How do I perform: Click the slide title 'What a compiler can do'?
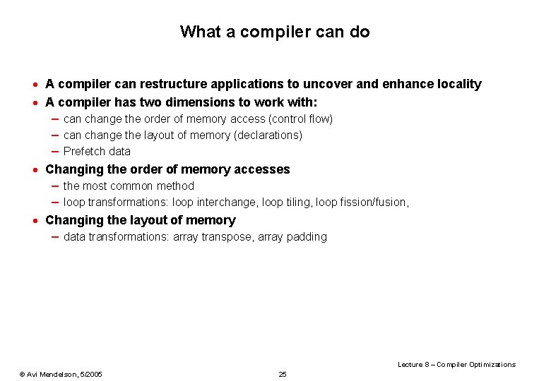point(275,32)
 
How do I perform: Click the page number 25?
point(283,374)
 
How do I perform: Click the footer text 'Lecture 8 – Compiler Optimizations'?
point(456,364)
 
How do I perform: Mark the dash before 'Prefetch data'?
point(54,152)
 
